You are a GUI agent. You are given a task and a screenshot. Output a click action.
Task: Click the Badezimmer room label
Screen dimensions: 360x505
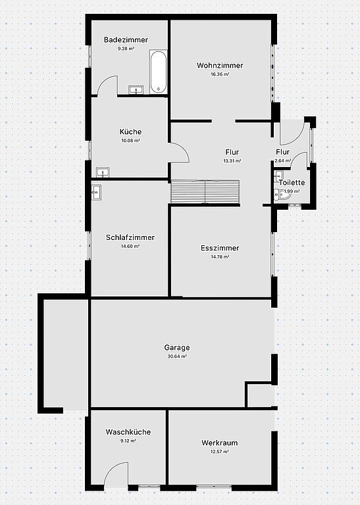tap(126, 40)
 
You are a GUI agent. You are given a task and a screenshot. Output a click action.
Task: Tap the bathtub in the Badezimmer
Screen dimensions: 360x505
tap(158, 72)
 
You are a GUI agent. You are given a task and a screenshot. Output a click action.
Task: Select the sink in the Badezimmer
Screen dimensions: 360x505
tap(137, 89)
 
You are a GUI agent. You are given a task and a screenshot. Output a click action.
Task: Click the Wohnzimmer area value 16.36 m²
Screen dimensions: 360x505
tap(220, 74)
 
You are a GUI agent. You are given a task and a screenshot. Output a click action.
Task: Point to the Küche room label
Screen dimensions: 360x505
tap(130, 132)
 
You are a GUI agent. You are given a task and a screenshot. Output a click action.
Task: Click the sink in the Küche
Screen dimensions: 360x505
tap(103, 172)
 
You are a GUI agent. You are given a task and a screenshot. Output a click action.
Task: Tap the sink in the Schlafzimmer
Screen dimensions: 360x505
tap(96, 192)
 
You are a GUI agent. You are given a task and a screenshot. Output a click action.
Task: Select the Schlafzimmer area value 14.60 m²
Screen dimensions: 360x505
tap(130, 247)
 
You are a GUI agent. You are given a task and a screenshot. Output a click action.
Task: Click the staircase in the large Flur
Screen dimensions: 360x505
tap(205, 191)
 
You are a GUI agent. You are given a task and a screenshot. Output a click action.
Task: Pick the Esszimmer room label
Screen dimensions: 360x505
tap(220, 249)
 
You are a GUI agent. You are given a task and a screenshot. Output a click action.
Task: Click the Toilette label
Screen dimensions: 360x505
tap(292, 183)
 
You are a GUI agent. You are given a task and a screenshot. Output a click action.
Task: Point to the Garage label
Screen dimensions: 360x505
tap(177, 348)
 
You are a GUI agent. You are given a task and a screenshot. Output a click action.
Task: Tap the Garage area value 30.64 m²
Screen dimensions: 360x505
tap(177, 356)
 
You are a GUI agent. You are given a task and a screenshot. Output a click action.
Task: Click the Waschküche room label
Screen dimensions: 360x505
tap(128, 432)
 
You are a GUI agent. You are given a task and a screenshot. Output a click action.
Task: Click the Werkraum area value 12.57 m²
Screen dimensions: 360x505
tap(219, 452)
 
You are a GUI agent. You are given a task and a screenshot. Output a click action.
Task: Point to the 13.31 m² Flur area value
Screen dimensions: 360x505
tap(232, 160)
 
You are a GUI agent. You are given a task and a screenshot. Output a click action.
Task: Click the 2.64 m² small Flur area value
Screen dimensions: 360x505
tap(282, 160)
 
